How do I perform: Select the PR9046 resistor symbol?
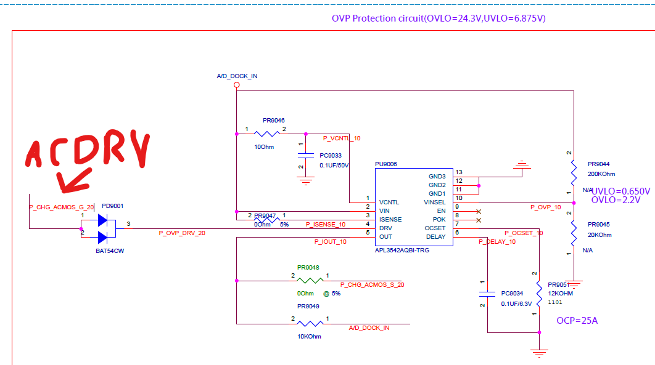pyautogui.click(x=268, y=133)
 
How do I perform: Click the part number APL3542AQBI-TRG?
pyautogui.click(x=402, y=251)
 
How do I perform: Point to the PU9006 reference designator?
pyautogui.click(x=386, y=164)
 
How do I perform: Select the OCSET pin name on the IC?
pyautogui.click(x=435, y=228)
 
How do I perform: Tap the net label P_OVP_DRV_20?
pyautogui.click(x=182, y=233)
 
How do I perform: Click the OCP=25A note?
pyautogui.click(x=577, y=321)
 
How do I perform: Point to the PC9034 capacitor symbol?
pyautogui.click(x=487, y=293)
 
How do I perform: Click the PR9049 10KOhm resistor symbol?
pyautogui.click(x=308, y=324)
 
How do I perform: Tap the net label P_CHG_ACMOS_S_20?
pyautogui.click(x=372, y=284)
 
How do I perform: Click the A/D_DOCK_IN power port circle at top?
pyautogui.click(x=236, y=85)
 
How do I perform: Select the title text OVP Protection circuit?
pyautogui.click(x=438, y=18)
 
